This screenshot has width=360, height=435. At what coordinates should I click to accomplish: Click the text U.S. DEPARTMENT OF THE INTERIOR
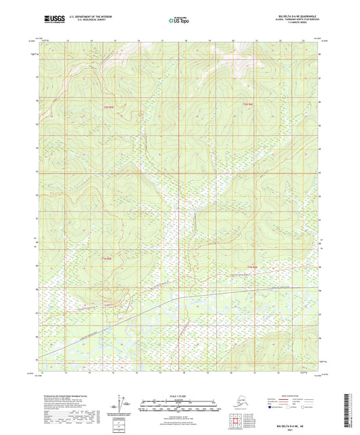(x=86, y=15)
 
